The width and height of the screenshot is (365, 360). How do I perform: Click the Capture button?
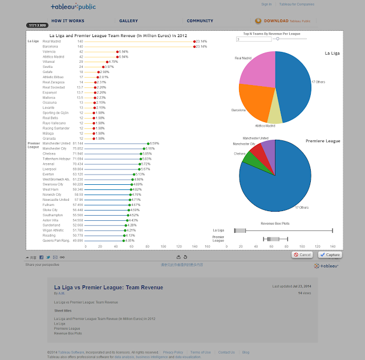click(x=330, y=254)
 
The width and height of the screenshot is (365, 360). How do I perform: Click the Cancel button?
click(x=303, y=254)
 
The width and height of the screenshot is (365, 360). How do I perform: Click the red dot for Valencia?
click(x=117, y=51)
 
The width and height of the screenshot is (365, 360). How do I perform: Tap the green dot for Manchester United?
click(x=148, y=144)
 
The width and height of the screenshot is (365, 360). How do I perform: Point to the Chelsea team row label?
click(x=49, y=153)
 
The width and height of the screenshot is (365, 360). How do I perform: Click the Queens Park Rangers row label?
click(x=55, y=240)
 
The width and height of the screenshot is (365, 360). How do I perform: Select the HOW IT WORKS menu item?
click(x=68, y=21)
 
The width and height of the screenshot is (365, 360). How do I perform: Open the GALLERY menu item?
click(x=128, y=21)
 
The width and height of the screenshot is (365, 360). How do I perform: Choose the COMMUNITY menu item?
click(x=200, y=21)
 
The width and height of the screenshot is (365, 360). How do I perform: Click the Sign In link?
click(x=266, y=4)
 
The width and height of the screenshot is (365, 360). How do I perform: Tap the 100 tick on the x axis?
click(x=163, y=246)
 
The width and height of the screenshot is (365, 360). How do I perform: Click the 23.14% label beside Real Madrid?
click(x=202, y=42)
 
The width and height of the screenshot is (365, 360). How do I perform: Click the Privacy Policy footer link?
click(x=173, y=352)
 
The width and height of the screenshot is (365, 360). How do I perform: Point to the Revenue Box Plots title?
click(x=275, y=223)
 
